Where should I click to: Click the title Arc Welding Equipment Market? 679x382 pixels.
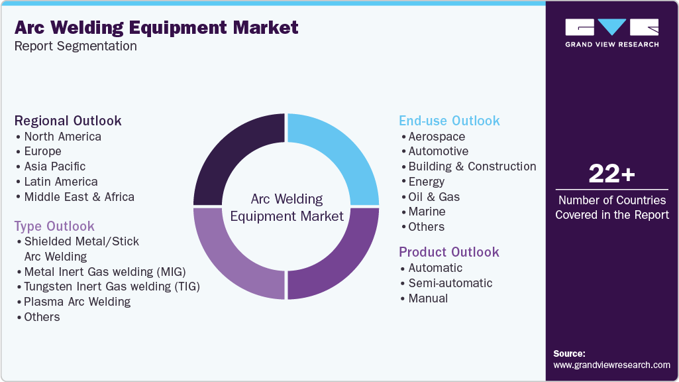156,28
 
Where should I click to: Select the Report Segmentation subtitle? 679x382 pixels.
76,46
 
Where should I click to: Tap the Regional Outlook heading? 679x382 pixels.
68,121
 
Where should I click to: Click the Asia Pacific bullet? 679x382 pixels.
55,166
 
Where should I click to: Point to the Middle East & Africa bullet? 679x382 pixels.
79,197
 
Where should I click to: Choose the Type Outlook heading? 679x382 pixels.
54,226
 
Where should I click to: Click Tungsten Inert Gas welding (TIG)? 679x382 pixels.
111,286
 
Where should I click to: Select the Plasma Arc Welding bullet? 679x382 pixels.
77,302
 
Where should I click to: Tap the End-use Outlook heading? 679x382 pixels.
449,121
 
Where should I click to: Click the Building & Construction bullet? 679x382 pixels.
472,166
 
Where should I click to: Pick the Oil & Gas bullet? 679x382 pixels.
434,197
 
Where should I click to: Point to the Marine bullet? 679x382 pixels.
427,212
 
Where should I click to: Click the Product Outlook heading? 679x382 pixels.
449,252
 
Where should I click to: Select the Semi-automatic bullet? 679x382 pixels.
450,283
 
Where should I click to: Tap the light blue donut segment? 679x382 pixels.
338,153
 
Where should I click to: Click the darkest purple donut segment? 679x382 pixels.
235,153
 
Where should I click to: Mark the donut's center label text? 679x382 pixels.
287,207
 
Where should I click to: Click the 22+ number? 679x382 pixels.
611,174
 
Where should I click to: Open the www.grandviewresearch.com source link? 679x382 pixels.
611,365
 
